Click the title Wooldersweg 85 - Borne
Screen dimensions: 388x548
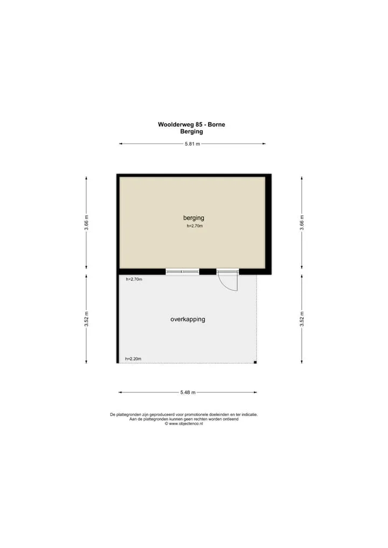[191, 124]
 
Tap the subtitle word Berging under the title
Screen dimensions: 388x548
[191, 132]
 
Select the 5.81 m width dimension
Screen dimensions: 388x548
[192, 144]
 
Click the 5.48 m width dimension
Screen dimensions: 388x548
[188, 392]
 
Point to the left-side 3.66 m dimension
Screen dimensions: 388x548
[86, 223]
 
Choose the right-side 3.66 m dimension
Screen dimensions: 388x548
[302, 223]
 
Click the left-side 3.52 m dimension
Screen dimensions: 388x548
[86, 319]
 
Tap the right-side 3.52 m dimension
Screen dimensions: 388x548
[302, 319]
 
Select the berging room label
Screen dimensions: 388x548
[193, 218]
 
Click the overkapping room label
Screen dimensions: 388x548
[188, 319]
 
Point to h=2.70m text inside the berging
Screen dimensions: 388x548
[195, 226]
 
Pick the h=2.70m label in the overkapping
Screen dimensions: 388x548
[134, 279]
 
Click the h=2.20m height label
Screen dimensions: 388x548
[133, 359]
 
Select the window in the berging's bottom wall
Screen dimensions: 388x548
[182, 271]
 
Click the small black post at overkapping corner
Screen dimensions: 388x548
[255, 362]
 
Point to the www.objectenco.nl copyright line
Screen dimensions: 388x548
[184, 424]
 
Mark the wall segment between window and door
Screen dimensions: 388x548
[208, 271]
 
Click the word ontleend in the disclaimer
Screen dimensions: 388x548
[230, 419]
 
